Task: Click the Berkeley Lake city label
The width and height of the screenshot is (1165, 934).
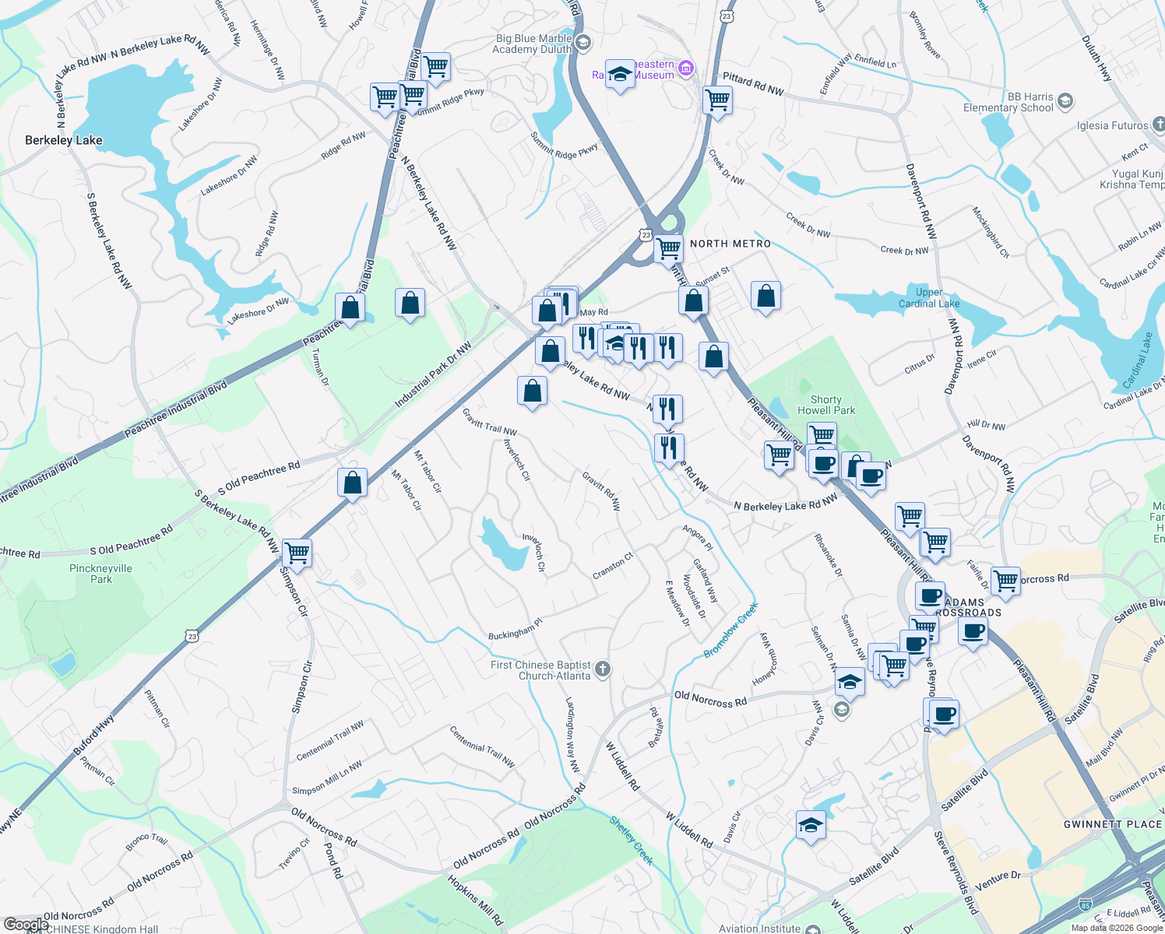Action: coord(64,140)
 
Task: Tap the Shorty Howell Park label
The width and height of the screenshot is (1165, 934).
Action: coord(826,405)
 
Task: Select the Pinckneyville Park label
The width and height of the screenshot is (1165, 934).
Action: coord(101,574)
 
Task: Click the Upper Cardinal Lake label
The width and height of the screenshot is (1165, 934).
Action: coord(928,298)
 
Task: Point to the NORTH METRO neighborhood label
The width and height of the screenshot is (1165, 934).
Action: coord(730,244)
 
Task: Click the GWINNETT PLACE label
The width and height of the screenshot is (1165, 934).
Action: coord(1112,824)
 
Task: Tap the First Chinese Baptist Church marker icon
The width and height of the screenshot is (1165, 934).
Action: coord(603,668)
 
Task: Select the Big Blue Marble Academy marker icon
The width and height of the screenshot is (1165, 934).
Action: coord(584,42)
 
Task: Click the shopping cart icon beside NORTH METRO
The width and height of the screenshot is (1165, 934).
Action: coord(668,249)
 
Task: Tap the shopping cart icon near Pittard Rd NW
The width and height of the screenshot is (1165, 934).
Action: coord(717,100)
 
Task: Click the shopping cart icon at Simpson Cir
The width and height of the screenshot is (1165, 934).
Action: coord(297,553)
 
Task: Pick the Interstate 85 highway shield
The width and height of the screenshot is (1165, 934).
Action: coord(1086,904)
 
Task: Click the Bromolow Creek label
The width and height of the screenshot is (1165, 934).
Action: coord(730,630)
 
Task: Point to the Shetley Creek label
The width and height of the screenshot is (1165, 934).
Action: coord(631,841)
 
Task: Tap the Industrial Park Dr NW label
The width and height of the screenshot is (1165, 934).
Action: coord(433,375)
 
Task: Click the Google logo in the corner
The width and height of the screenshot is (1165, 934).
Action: coord(26,925)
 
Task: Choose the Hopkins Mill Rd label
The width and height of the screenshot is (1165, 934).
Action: coord(475,901)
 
